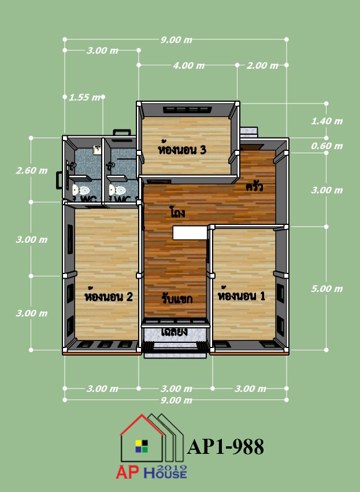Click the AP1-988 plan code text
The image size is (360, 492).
pyautogui.click(x=225, y=447)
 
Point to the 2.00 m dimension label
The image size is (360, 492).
pyautogui.click(x=262, y=65)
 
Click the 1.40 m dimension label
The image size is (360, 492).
pyautogui.click(x=326, y=121)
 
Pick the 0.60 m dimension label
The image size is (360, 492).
pyautogui.click(x=326, y=146)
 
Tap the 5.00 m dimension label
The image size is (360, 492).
pyautogui.click(x=326, y=288)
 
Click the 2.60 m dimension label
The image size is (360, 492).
pyautogui.click(x=32, y=171)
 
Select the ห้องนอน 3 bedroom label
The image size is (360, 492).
pyautogui.click(x=182, y=150)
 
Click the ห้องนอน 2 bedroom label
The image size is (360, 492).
pyautogui.click(x=109, y=296)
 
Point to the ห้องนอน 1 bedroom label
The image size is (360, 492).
pyautogui.click(x=242, y=295)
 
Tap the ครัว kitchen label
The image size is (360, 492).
pyautogui.click(x=254, y=187)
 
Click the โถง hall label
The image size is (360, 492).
pyautogui.click(x=177, y=212)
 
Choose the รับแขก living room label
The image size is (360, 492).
pyautogui.click(x=177, y=299)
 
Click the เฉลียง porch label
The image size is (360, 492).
pyautogui.click(x=175, y=332)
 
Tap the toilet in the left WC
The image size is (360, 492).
pyautogui.click(x=81, y=190)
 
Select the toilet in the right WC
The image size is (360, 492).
pyautogui.click(x=118, y=190)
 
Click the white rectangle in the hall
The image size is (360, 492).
pyautogui.click(x=190, y=233)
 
